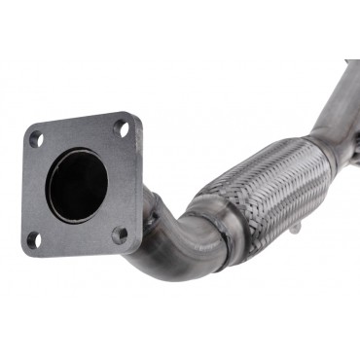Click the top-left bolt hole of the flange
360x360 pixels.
pyautogui.click(x=35, y=139)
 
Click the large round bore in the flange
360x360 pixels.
pyautogui.click(x=76, y=184)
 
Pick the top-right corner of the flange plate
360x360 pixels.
pyautogui.click(x=134, y=115)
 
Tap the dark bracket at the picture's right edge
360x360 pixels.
pyautogui.click(x=355, y=146)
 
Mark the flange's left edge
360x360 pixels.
pyautogui.click(x=23, y=190)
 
